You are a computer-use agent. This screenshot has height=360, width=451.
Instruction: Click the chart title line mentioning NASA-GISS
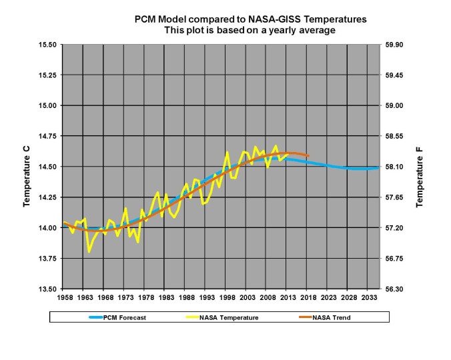[x=251, y=20]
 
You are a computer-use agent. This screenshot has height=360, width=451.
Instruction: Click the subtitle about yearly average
[x=251, y=31]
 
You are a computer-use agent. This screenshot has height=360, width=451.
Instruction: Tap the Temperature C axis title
[x=27, y=181]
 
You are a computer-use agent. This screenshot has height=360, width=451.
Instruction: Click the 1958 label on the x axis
[x=65, y=298]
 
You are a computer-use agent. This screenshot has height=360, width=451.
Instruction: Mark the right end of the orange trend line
[x=308, y=155]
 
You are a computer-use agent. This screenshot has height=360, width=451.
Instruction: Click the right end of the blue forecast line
[x=379, y=168]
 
